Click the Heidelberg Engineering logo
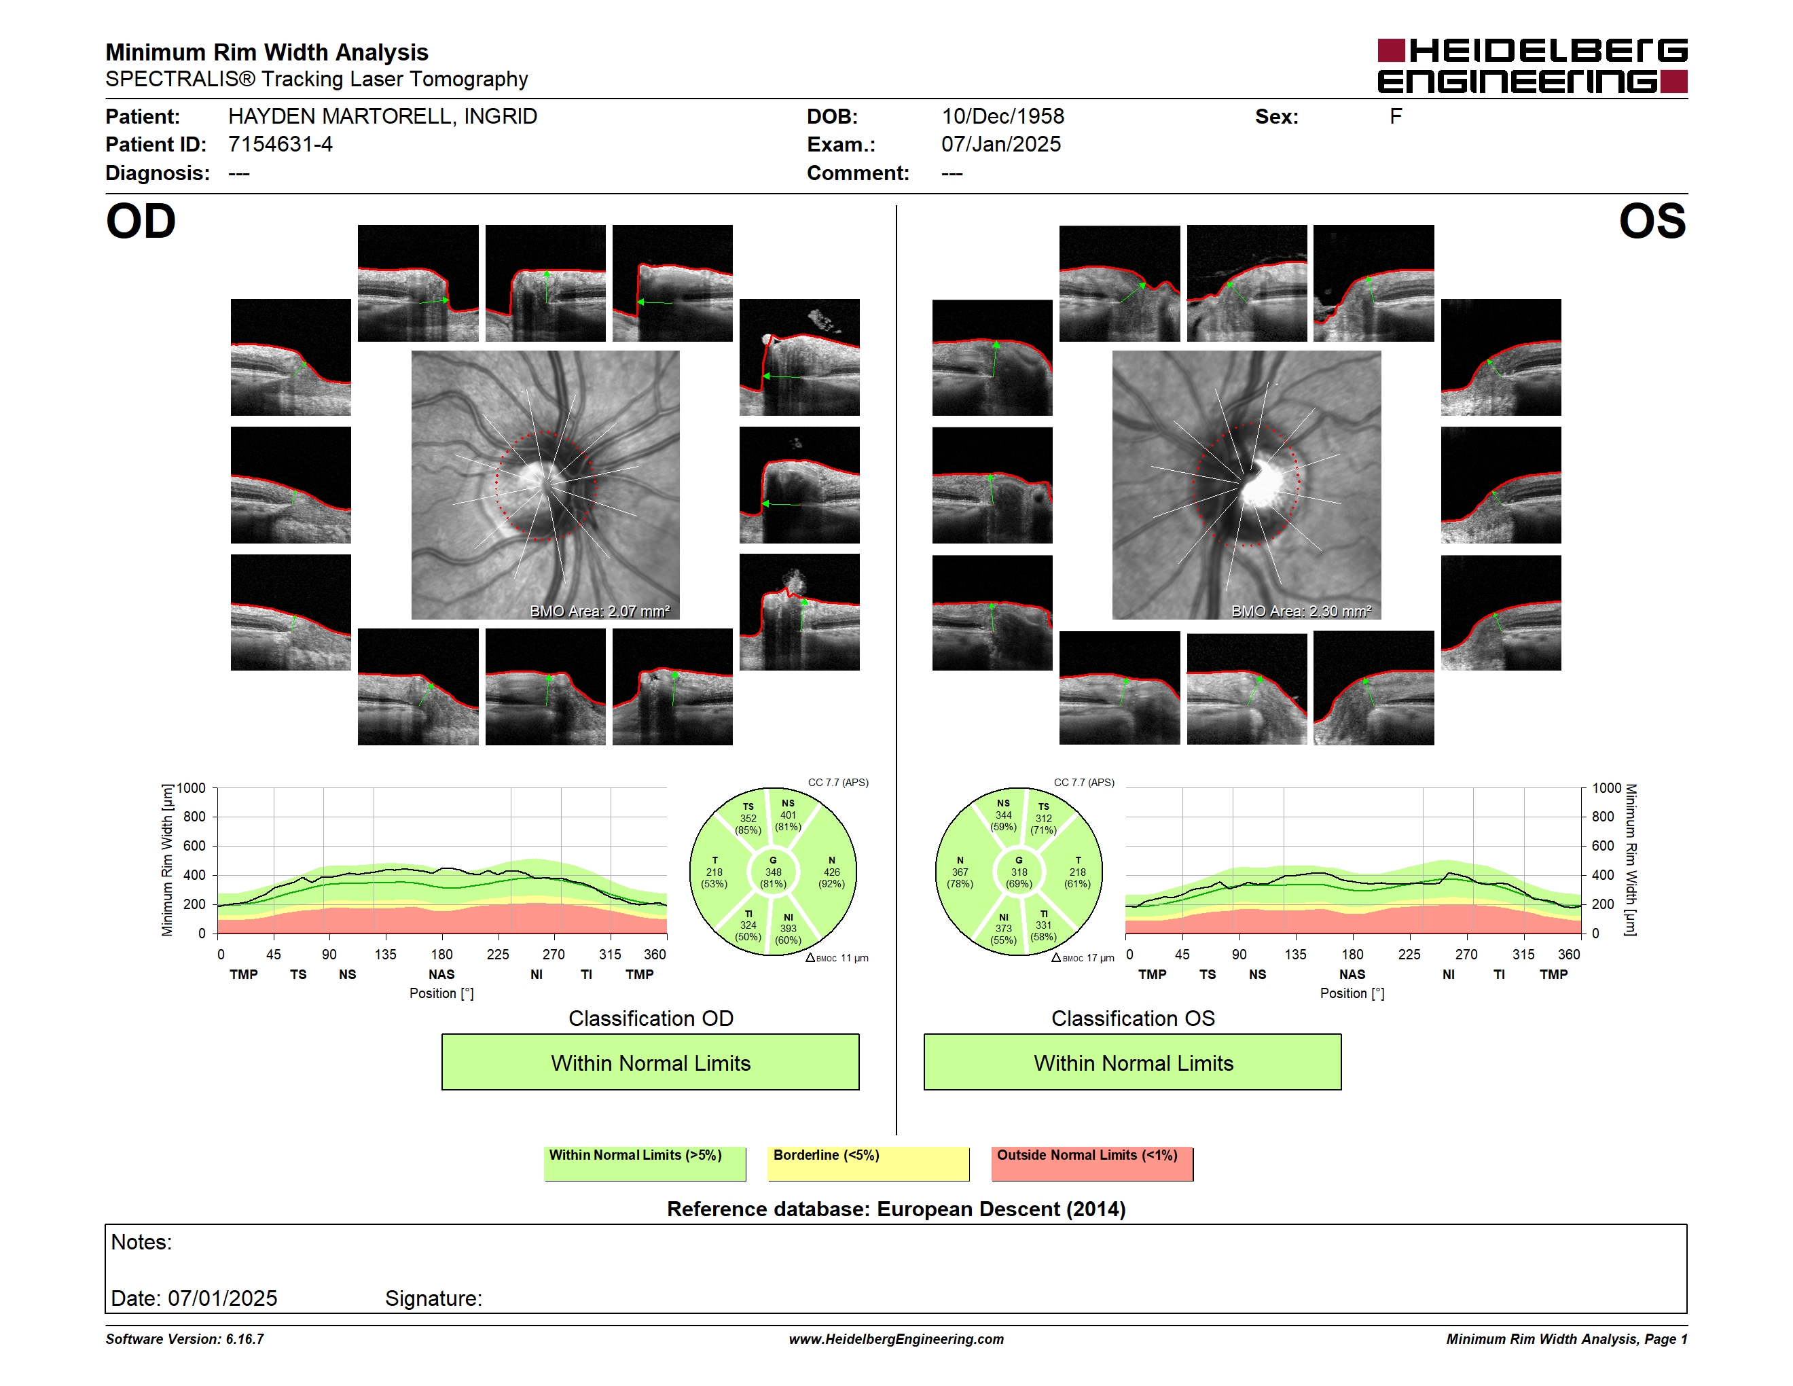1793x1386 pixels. tap(1532, 66)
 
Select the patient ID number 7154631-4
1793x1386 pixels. tap(280, 145)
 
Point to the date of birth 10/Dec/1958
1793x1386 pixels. tap(1002, 117)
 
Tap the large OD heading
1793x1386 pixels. tap(141, 221)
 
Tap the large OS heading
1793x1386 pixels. tap(1652, 221)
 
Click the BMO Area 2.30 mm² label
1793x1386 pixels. tap(1301, 611)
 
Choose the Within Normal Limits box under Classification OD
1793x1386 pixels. tap(650, 1062)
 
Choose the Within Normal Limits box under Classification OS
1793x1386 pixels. tap(1133, 1062)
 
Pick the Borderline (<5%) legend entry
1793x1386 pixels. tap(869, 1163)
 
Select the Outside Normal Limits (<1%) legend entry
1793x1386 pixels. tap(1092, 1163)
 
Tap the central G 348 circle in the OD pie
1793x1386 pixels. tap(772, 872)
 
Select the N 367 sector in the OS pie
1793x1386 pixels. tap(960, 872)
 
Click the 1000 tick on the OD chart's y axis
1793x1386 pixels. tap(192, 788)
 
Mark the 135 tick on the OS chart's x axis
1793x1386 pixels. tap(1295, 954)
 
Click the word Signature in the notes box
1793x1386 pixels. tap(433, 1298)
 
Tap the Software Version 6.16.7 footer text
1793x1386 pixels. tap(185, 1339)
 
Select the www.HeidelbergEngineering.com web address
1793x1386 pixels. tap(896, 1339)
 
